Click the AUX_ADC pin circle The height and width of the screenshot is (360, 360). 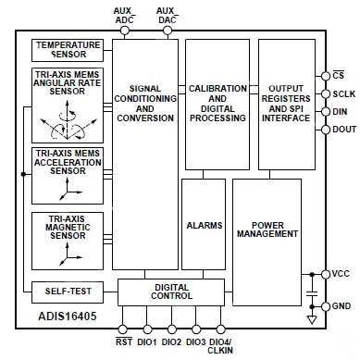(x=125, y=31)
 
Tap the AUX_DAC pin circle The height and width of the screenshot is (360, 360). (x=168, y=31)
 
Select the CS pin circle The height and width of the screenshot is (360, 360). (x=326, y=76)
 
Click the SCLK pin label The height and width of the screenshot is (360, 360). (x=344, y=94)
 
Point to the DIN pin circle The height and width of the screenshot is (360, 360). (x=326, y=112)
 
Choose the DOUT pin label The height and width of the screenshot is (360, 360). (x=344, y=130)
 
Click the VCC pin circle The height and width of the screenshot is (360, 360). (x=326, y=274)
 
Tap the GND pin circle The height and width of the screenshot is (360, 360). (x=326, y=306)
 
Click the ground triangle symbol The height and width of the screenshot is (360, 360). (x=312, y=319)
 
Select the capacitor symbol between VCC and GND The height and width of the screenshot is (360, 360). (x=312, y=293)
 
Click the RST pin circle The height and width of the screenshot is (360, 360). (x=123, y=329)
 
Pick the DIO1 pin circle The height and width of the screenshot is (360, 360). (x=147, y=329)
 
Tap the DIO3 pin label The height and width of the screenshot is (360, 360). (x=196, y=342)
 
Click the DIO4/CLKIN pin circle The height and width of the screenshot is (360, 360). (x=220, y=329)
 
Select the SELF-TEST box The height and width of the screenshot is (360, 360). (x=68, y=292)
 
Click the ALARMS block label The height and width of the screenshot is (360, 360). (x=205, y=226)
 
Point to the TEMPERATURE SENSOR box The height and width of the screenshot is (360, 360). (x=68, y=50)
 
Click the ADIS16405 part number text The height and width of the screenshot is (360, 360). (x=68, y=317)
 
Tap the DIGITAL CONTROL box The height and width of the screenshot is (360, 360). (x=171, y=292)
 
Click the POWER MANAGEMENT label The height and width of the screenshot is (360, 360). (x=267, y=230)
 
